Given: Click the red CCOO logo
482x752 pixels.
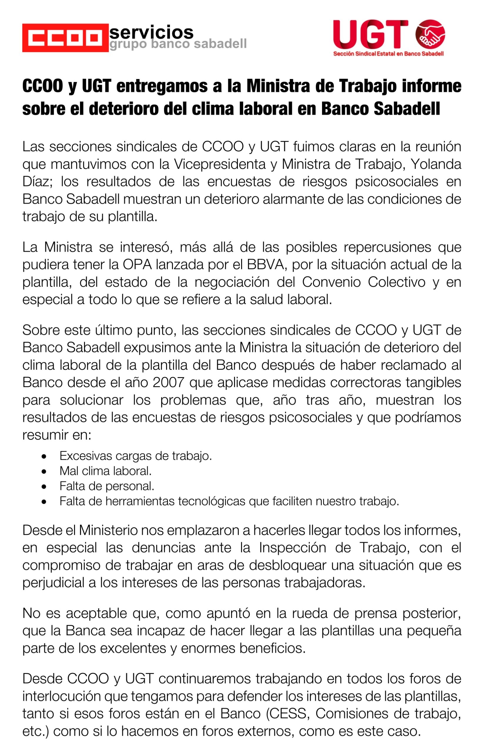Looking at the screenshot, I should (65, 38).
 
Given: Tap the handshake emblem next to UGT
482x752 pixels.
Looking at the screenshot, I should (430, 34).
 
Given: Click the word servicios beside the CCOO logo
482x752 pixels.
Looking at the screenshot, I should (151, 32).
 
